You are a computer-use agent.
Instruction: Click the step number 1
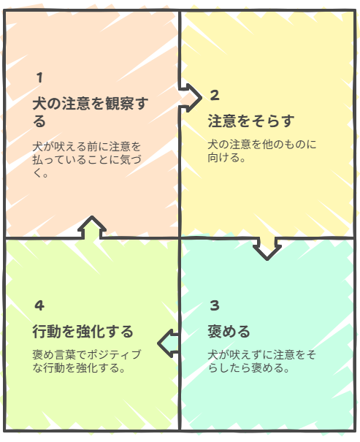[39, 77]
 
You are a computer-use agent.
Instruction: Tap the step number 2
[215, 95]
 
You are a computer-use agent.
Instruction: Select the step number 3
[215, 305]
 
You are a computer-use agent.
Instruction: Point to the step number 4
[39, 305]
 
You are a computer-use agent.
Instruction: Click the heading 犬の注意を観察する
[90, 112]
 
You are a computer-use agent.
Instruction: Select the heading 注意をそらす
[251, 121]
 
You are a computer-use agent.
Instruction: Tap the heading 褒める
[229, 331]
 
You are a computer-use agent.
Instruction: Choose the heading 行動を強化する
[83, 331]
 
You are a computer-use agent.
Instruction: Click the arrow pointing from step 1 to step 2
[191, 98]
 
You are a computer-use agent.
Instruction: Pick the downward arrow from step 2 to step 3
[267, 248]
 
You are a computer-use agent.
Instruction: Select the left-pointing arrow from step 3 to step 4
[168, 343]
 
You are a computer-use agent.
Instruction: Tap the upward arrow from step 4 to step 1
[92, 228]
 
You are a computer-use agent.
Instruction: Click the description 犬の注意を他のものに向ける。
[262, 150]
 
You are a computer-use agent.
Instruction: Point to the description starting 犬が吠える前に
[87, 159]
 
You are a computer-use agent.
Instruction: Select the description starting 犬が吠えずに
[261, 361]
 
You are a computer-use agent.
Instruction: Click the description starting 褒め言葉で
[87, 361]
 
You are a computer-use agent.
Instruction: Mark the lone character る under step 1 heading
[39, 121]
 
